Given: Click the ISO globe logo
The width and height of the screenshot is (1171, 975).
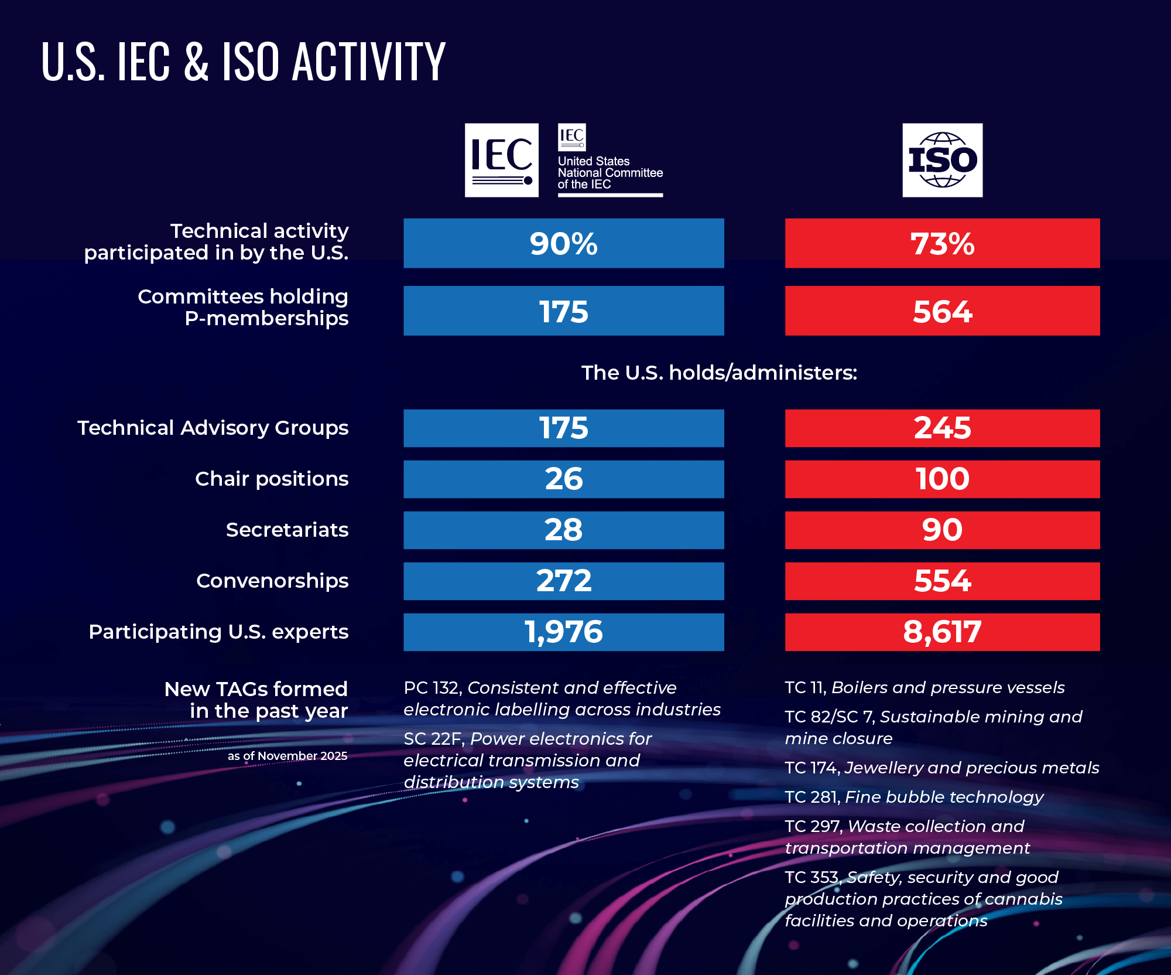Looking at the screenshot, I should [942, 160].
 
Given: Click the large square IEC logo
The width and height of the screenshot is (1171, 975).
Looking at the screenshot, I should [501, 160].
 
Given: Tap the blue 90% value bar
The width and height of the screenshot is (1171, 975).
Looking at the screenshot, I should [563, 243].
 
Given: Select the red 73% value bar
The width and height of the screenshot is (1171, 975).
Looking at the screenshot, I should [942, 243].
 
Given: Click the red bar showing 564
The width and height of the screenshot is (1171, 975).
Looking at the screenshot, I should [942, 311].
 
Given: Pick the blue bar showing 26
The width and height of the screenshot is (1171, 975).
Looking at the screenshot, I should [563, 479].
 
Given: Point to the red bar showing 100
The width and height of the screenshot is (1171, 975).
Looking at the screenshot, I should [942, 479].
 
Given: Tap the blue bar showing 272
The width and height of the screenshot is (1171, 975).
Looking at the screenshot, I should [563, 581].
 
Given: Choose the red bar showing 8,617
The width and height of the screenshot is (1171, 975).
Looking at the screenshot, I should [942, 632].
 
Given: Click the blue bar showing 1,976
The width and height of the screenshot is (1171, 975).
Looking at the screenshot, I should [563, 632].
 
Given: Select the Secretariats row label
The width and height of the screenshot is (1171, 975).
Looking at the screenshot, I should [287, 530].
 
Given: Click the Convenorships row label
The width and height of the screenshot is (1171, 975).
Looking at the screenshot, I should [272, 581].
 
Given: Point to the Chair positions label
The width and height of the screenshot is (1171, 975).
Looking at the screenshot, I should [272, 479].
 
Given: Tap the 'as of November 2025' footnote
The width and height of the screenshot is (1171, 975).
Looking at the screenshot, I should [287, 756].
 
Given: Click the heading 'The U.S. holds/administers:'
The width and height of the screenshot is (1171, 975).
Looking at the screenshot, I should [719, 373].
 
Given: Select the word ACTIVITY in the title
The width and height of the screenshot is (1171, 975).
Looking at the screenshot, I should [369, 62].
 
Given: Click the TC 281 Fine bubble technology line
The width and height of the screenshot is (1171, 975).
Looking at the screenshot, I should [913, 797].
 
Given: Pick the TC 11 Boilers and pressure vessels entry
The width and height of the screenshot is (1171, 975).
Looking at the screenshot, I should [924, 687].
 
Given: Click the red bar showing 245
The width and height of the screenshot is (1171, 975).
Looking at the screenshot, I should [942, 428].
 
